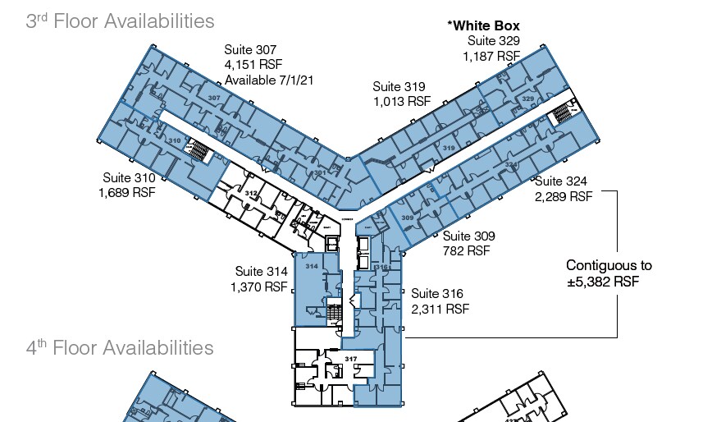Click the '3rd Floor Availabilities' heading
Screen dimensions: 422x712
click(120, 21)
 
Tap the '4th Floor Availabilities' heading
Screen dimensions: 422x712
click(120, 347)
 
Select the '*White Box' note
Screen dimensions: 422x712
click(483, 26)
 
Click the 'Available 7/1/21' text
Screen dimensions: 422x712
click(269, 80)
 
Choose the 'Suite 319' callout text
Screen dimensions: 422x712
click(398, 86)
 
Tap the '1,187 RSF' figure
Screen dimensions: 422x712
click(491, 56)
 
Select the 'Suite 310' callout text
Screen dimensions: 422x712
click(129, 177)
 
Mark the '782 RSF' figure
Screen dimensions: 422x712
click(466, 250)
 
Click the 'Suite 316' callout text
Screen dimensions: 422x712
click(437, 293)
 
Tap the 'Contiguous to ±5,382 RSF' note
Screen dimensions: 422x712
click(609, 273)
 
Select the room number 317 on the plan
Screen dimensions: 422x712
click(350, 359)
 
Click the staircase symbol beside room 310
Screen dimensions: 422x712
click(199, 150)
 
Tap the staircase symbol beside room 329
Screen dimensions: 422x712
click(561, 112)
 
